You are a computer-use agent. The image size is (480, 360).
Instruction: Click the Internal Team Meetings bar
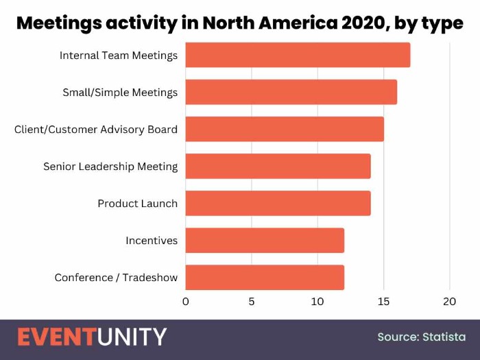coord(298,55)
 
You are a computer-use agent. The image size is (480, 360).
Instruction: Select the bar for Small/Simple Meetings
coord(291,92)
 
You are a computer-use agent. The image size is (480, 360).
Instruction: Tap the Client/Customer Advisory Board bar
coord(285,129)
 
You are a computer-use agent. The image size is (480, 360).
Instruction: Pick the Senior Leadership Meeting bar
coord(278,166)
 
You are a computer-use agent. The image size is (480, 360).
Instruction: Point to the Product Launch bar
coord(278,203)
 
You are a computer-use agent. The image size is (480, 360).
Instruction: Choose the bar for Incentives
coord(265,240)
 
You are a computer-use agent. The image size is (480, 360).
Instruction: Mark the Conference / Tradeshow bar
coord(265,277)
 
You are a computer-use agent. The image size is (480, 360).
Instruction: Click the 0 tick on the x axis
coord(185,301)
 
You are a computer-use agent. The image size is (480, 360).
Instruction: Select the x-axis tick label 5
coord(252,301)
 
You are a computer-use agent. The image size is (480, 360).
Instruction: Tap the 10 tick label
coord(317,301)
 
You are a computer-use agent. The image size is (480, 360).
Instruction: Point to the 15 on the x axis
coord(384,301)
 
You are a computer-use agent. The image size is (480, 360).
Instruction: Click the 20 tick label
coord(450,301)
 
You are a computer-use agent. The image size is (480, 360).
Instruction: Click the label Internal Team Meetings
coord(119,55)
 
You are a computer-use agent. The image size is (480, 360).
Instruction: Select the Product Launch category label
coord(137,203)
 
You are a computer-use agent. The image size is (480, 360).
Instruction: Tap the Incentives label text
coord(152,240)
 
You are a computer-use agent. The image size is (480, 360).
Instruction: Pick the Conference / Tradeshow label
coord(116,277)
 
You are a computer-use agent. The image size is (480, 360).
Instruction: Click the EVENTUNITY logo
coord(92,337)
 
